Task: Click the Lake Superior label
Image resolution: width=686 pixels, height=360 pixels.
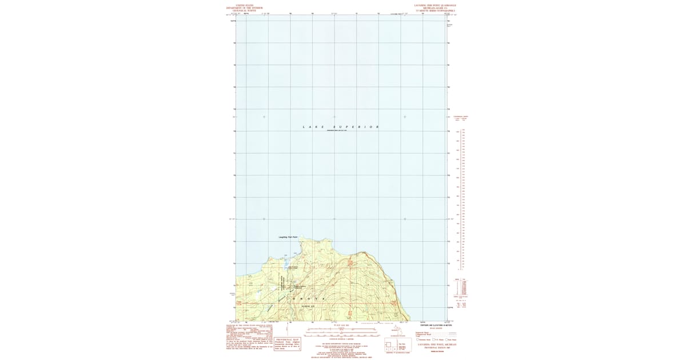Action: coord(341,126)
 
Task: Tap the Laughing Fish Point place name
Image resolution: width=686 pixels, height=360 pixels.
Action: coord(288,237)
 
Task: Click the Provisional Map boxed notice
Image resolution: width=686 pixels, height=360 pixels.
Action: coord(288,344)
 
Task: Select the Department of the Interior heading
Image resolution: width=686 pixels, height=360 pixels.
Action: coord(244,8)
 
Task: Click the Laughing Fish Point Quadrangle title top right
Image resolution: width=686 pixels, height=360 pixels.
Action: coord(439,5)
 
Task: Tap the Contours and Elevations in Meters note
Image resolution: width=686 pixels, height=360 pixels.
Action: coord(437,325)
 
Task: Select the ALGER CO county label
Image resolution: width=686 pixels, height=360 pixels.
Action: coord(309,307)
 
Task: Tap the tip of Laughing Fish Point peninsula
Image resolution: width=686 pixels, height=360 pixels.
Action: coord(305,239)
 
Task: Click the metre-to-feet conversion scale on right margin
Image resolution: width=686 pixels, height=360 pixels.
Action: coord(460,194)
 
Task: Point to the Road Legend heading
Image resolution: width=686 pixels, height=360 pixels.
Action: coord(437,328)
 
